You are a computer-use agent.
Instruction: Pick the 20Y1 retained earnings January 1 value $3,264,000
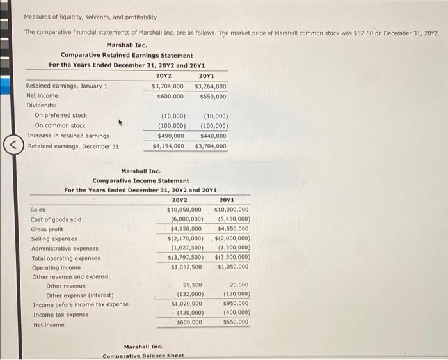coord(210,86)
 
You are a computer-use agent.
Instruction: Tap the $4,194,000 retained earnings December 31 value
coord(168,146)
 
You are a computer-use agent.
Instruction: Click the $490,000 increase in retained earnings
coord(171,136)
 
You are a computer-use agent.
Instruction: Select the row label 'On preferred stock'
coord(61,116)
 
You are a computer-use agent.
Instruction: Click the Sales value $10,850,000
coord(184,209)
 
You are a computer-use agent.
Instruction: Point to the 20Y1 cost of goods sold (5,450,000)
coord(232,219)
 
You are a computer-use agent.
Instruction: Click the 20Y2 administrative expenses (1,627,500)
coord(186,247)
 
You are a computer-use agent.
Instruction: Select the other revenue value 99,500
coord(192,285)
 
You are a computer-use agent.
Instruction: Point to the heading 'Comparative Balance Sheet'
coord(143,356)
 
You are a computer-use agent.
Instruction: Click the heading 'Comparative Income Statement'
coord(141,181)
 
